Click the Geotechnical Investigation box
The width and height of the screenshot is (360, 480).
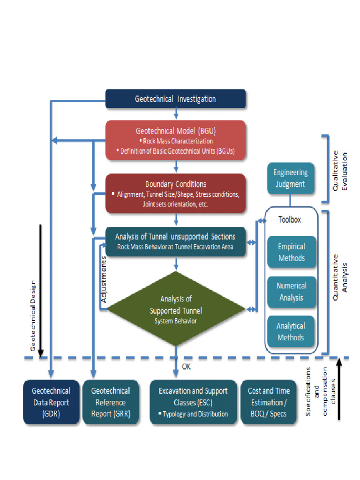(175, 99)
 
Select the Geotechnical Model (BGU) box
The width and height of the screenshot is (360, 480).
(175, 140)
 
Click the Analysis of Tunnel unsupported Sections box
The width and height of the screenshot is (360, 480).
(175, 241)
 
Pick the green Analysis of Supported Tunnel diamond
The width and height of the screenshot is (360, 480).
(175, 309)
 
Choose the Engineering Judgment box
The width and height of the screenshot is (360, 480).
(290, 178)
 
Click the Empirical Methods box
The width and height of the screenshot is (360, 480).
(291, 252)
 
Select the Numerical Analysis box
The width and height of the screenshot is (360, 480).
(291, 292)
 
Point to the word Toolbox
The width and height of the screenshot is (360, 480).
(290, 219)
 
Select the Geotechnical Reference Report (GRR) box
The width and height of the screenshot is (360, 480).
(110, 402)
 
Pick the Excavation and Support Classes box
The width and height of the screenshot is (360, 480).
(193, 402)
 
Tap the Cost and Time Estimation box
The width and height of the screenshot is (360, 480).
(269, 402)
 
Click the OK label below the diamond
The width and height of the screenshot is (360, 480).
(186, 367)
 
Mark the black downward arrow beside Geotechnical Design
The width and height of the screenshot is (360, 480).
(41, 291)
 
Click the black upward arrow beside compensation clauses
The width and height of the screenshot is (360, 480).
(338, 389)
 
